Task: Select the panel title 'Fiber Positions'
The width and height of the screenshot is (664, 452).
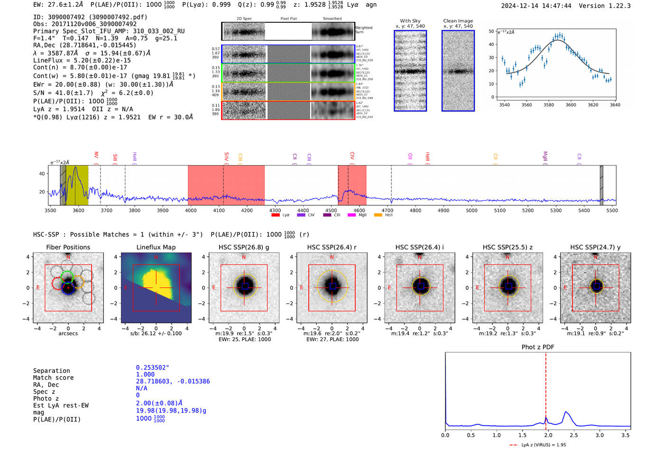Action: (x=68, y=247)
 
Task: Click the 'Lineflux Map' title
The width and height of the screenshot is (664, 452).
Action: (x=156, y=247)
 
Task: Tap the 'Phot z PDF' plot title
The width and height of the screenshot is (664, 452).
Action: (x=537, y=347)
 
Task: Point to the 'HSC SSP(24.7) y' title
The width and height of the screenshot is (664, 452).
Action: (x=595, y=247)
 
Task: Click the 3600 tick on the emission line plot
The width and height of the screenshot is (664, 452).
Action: (x=571, y=105)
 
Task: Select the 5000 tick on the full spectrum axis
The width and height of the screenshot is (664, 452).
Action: (x=471, y=210)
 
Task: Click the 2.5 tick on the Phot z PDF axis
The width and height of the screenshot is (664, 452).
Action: (x=574, y=435)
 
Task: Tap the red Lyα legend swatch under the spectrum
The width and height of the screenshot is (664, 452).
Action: (x=275, y=215)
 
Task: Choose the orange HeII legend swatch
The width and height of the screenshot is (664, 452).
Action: (x=378, y=215)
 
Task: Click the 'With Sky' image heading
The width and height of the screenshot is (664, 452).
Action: (x=410, y=21)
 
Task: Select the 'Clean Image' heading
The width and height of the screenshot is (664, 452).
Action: (x=458, y=21)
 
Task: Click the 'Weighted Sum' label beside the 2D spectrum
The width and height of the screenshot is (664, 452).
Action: (x=364, y=30)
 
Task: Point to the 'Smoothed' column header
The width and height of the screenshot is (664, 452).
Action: (x=332, y=19)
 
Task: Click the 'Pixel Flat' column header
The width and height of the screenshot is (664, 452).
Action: (x=288, y=19)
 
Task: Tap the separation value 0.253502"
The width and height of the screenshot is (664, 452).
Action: (x=153, y=368)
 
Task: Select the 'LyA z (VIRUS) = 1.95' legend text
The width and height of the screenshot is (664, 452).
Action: (x=544, y=445)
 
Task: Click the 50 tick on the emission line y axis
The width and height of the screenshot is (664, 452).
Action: (x=491, y=31)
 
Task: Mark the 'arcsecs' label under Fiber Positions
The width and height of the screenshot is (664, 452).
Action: (x=68, y=333)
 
